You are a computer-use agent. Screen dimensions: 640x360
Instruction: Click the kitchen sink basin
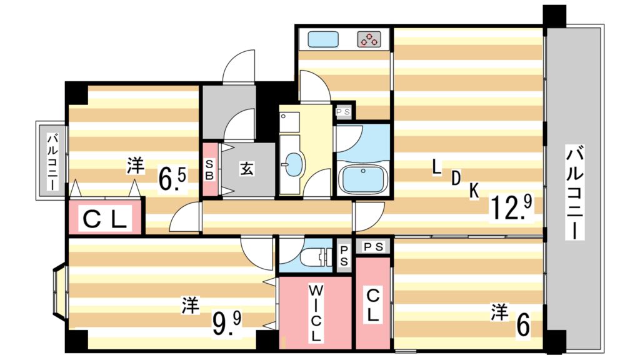(x=323, y=39)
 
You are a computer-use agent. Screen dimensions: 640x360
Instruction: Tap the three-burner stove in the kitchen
(x=369, y=39)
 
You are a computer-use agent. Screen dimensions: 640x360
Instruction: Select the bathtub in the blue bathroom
(x=363, y=179)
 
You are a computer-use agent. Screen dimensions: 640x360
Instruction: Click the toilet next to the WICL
(x=316, y=257)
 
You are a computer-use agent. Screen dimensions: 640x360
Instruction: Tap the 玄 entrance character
(x=247, y=168)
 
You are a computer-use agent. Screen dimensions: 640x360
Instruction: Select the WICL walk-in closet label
(x=315, y=312)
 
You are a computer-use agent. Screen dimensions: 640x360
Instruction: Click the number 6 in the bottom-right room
(x=523, y=324)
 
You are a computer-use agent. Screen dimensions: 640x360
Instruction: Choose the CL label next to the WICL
(x=372, y=305)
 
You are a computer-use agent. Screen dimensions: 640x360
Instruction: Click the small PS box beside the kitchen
(x=343, y=111)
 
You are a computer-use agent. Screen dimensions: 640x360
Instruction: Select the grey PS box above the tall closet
(x=373, y=246)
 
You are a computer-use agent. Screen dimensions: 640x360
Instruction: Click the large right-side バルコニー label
(x=574, y=192)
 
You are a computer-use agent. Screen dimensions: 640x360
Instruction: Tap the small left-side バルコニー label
(x=52, y=162)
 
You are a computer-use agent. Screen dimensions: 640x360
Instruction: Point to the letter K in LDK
(x=474, y=191)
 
